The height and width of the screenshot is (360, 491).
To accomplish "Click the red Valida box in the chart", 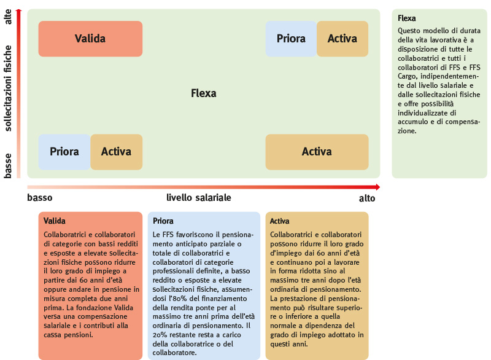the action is [x=90, y=39].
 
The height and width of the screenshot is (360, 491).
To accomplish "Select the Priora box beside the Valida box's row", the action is [x=291, y=39].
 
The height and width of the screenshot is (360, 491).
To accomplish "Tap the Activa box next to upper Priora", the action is [x=342, y=39].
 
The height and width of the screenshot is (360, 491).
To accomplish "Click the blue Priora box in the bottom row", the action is [x=64, y=152].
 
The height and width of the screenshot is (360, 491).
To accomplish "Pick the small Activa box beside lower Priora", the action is [x=117, y=152].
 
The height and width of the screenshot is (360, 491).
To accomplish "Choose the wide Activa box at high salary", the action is [x=317, y=152].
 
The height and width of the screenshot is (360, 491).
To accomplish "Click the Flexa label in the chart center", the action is [x=204, y=93].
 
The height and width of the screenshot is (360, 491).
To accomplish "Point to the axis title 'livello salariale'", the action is [x=198, y=198].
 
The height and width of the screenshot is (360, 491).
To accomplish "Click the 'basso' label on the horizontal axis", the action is [x=40, y=198].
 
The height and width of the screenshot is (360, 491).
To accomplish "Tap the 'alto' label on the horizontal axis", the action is [x=367, y=198].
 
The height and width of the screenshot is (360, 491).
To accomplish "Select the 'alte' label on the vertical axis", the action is [x=8, y=17].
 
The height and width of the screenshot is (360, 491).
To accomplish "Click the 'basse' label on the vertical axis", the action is [x=8, y=166].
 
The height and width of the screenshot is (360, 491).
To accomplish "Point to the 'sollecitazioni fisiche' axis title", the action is [x=8, y=88].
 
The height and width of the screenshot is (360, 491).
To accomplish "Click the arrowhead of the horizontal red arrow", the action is [x=378, y=187].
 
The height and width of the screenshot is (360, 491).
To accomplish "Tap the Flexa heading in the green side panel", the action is [x=407, y=18].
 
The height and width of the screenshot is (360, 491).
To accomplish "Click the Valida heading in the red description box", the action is [x=55, y=221].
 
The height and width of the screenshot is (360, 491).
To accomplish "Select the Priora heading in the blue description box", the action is [x=163, y=221].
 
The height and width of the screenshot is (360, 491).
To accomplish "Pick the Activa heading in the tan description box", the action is [x=280, y=221].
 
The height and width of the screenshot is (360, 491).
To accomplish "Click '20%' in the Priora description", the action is [x=160, y=335].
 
